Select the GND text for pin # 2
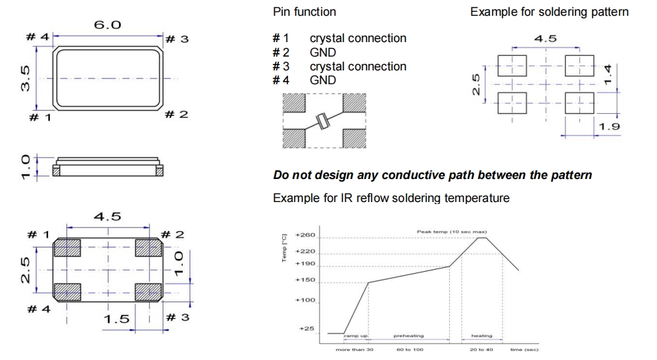[323, 53]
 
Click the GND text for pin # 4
[323, 80]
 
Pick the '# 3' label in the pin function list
[281, 66]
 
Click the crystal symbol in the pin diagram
[322, 121]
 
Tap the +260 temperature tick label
[306, 235]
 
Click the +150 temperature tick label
[306, 281]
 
